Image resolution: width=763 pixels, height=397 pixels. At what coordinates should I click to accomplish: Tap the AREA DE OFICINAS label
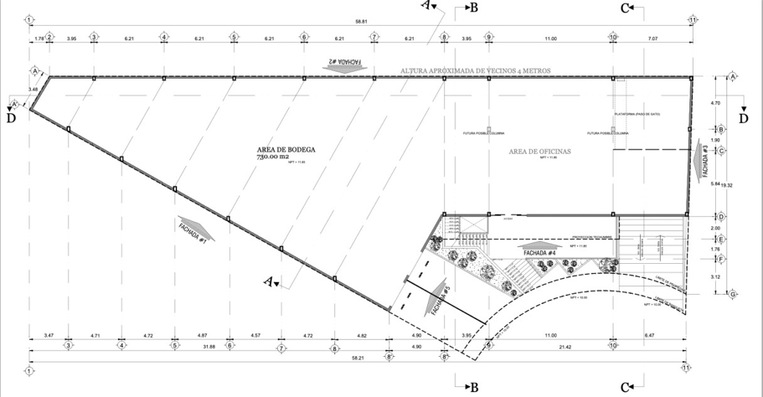[539, 151]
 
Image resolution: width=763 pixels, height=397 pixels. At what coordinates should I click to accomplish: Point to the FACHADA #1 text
[193, 230]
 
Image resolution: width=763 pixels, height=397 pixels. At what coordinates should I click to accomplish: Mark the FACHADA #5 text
[441, 302]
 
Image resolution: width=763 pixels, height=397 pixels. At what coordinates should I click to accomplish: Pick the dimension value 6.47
[649, 335]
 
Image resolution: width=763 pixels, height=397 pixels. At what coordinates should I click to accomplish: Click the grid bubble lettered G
[733, 294]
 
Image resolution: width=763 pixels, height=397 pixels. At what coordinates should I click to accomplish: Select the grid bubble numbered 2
[49, 37]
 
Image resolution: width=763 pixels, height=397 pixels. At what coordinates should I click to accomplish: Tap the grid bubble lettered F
[733, 260]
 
